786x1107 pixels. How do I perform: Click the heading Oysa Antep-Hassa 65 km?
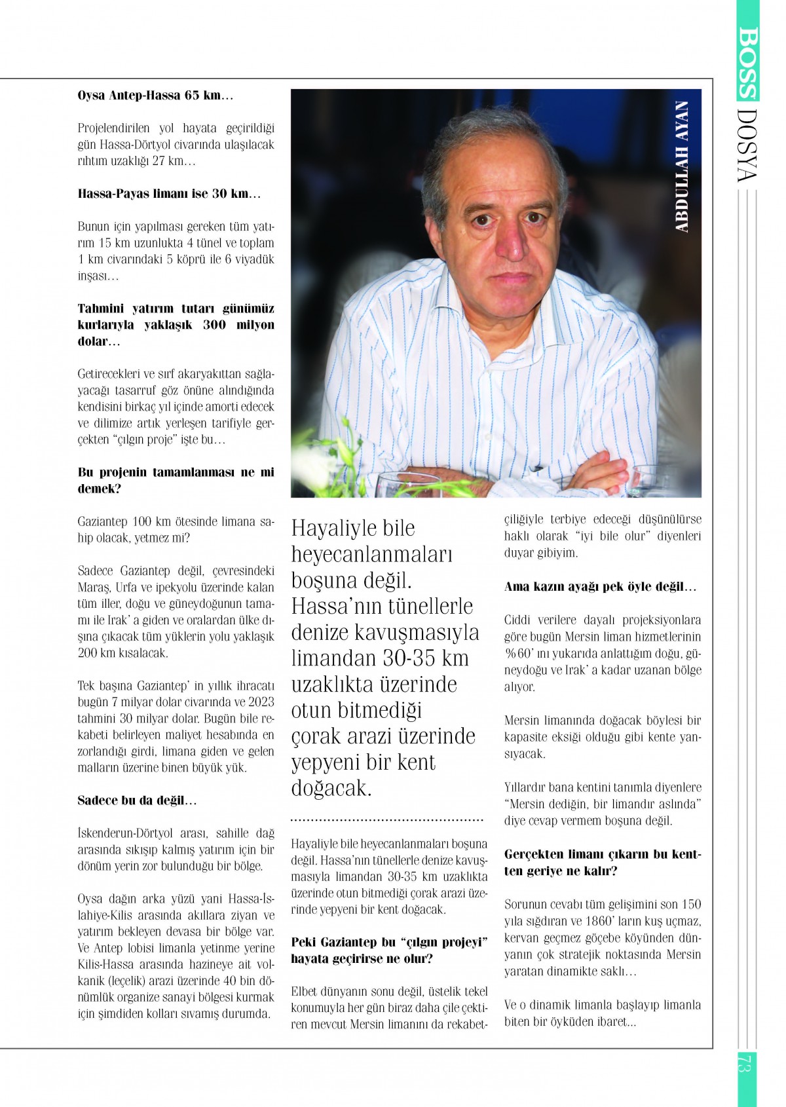(155, 96)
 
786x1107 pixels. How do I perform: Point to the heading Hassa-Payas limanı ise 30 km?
(169, 194)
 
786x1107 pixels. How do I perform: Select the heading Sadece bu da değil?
(137, 800)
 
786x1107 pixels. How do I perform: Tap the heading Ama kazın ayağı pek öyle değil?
(600, 586)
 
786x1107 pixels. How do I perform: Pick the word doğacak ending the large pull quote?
(331, 787)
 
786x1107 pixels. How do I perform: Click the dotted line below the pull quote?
(386, 819)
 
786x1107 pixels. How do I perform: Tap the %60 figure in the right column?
(517, 653)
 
